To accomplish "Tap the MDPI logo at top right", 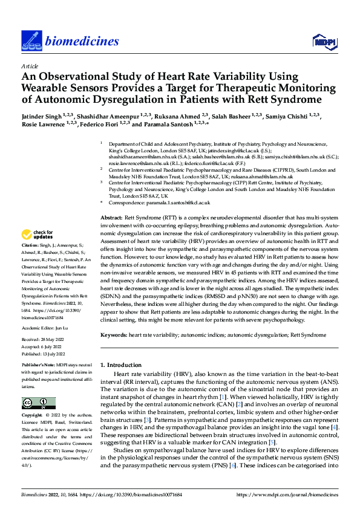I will tap(324, 41).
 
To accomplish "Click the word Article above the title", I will tap(30, 66).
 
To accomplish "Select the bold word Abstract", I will tap(111, 217).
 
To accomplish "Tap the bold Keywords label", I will tap(114, 334).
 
